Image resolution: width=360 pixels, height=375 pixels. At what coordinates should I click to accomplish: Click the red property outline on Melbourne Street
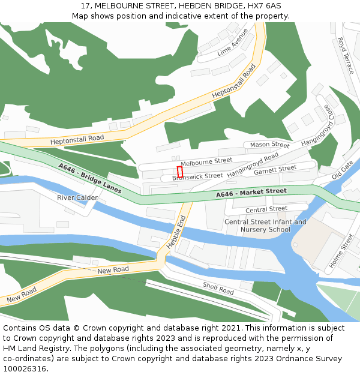point(179,171)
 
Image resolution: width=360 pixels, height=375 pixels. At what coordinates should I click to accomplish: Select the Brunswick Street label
point(197,176)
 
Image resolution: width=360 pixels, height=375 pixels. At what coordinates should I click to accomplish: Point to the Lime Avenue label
point(233,43)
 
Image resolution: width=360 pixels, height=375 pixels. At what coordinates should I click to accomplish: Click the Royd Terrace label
point(346,55)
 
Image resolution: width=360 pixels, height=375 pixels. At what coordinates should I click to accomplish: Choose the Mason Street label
point(269,145)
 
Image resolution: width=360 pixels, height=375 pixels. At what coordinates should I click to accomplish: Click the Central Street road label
point(266,209)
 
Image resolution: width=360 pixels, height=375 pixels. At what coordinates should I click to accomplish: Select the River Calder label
point(77,197)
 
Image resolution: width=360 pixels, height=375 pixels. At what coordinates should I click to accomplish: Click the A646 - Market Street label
point(251,193)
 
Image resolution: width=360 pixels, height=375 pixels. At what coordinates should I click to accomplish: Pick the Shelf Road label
point(218,288)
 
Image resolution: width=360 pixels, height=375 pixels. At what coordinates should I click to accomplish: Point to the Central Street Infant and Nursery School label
point(265,226)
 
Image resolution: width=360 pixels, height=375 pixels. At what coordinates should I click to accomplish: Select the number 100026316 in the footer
point(25,369)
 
